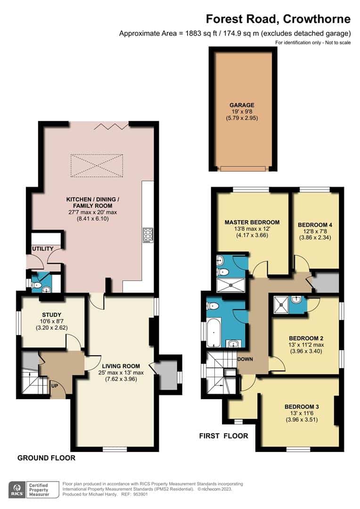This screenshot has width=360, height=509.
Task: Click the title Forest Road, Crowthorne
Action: [x=278, y=19]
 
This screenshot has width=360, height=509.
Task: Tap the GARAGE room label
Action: [x=242, y=105]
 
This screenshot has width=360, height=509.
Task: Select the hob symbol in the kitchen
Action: [x=147, y=234]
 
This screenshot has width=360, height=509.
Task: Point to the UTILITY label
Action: [x=43, y=248]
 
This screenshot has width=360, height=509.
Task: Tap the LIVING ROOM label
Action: [x=121, y=366]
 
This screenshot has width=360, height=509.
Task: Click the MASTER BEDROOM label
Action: [x=252, y=222]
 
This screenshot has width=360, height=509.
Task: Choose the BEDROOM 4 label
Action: [x=315, y=225]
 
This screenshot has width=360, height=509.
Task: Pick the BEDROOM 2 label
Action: [x=305, y=338]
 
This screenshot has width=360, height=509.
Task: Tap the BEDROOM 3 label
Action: [x=302, y=406]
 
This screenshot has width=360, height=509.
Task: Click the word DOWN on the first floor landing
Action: [x=245, y=359]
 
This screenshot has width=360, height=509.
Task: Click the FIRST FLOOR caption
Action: [x=223, y=436]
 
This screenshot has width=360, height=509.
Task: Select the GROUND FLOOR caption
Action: [x=46, y=458]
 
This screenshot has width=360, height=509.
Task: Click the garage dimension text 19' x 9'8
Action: [x=242, y=112]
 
